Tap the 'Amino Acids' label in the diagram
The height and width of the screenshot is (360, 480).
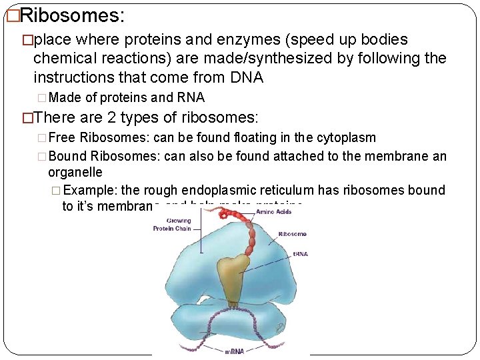[x=275, y=211]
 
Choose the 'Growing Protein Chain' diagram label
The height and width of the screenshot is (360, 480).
[x=173, y=225]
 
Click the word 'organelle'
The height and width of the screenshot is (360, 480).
[x=75, y=173]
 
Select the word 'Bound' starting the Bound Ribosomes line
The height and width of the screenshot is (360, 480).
[x=68, y=157]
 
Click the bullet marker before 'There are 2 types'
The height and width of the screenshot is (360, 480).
[x=27, y=119]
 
